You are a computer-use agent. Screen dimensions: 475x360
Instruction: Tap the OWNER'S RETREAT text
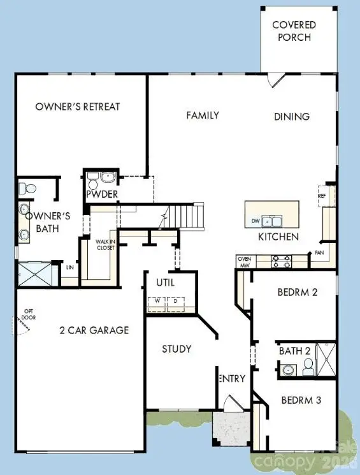(x=78, y=106)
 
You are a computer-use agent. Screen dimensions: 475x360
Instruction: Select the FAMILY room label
(x=203, y=115)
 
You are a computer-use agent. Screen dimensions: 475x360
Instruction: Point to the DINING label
(x=292, y=117)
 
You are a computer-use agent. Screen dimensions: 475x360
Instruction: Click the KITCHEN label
(x=278, y=237)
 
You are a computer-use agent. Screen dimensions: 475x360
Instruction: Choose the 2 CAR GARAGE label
(x=94, y=330)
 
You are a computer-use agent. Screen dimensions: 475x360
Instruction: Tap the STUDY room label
(x=176, y=349)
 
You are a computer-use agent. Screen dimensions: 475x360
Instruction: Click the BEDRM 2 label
(x=297, y=293)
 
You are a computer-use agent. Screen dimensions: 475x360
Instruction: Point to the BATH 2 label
(x=295, y=351)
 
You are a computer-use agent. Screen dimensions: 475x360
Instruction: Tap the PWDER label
(x=102, y=194)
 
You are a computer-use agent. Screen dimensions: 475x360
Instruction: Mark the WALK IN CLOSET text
(x=105, y=244)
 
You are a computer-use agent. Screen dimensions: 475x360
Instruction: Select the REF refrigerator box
(x=322, y=196)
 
